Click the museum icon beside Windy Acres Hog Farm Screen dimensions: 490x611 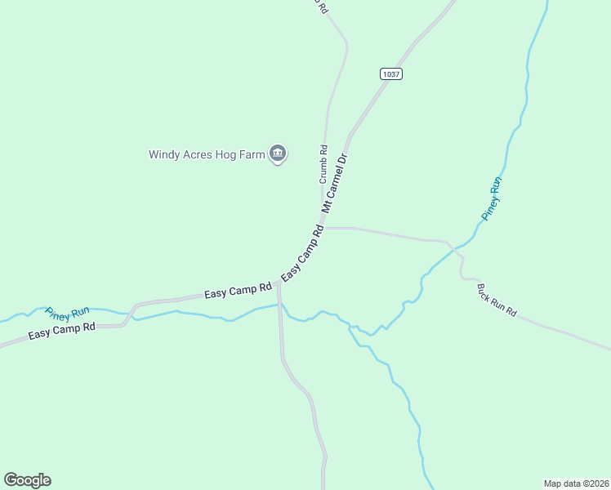[278, 153]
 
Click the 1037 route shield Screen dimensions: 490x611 [391, 73]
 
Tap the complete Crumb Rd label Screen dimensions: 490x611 [323, 163]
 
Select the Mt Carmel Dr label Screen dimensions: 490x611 [335, 184]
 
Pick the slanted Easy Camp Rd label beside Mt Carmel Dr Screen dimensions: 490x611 [302, 255]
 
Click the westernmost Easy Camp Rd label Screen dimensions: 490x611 [62, 331]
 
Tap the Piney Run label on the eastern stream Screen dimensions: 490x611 [491, 198]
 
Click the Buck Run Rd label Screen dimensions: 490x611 [497, 300]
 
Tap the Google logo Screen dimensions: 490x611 [27, 480]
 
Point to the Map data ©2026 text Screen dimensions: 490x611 [576, 483]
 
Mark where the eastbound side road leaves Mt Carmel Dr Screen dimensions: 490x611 [324, 228]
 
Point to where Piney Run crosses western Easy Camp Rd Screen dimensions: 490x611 [131, 313]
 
